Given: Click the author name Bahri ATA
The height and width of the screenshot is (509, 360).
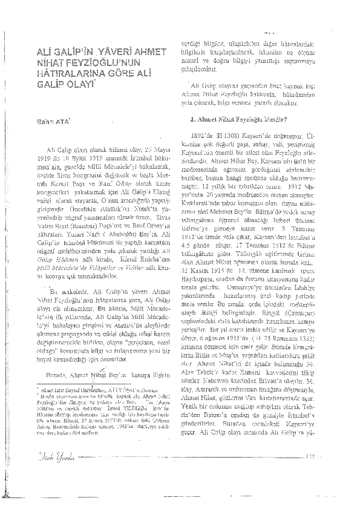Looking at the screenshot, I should pyautogui.click(x=54, y=123).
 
